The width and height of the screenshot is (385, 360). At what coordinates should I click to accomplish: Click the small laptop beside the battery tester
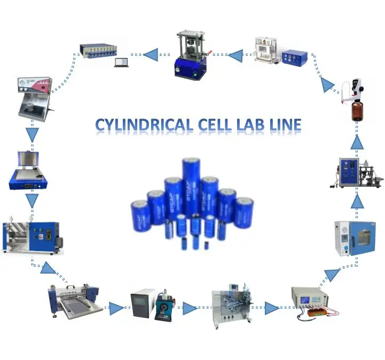tap(121, 62)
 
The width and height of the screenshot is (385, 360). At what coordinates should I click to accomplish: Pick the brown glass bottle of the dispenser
tap(359, 112)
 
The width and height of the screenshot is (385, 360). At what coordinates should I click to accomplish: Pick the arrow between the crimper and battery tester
tap(151, 54)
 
